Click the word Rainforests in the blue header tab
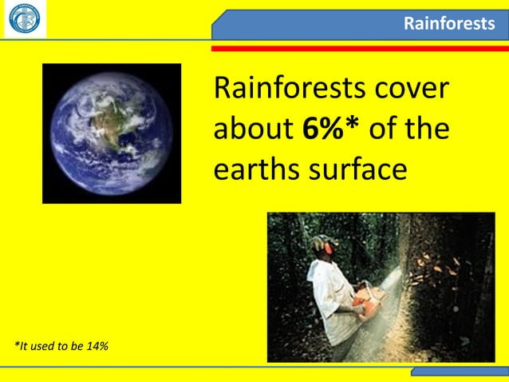tap(448, 24)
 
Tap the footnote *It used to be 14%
tap(62, 345)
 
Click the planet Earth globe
tap(111, 133)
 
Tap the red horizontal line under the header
tap(359, 49)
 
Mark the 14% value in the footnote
tap(99, 345)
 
